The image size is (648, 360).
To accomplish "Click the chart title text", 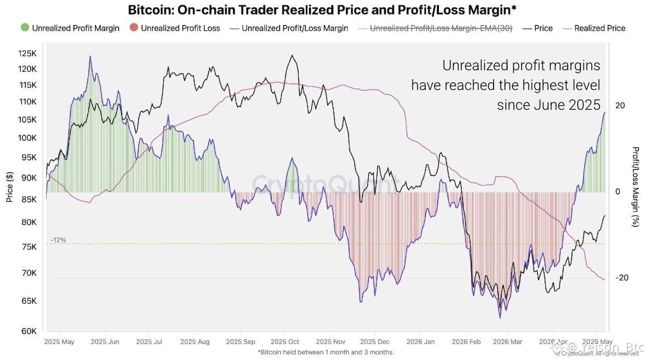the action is pos(322,10).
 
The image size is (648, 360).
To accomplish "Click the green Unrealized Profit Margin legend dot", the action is pos(25,28).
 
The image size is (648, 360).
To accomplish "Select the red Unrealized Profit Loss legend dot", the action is pos(134,28).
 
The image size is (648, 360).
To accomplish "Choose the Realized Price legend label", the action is pos(600,28).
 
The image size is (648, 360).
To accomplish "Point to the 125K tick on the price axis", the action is pos(28,54).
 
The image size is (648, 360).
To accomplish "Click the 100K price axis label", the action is pos(28,138).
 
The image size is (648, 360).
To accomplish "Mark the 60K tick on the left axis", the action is pos(29,331).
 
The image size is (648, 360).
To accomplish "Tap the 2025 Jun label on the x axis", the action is pos(105,342).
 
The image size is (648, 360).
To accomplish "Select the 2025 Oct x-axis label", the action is pos(284,342).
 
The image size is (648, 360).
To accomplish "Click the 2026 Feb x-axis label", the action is pos(466,342).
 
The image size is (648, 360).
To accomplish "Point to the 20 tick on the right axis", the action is pos(620,106).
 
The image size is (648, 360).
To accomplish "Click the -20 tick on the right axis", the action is pos(621,278).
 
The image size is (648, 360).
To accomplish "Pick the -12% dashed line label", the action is pos(58,240).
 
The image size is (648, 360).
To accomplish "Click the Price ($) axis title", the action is pos(9,187).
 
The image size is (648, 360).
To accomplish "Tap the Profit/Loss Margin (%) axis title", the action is pos(636,187).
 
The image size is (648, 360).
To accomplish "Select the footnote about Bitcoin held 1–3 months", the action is pos(326,352).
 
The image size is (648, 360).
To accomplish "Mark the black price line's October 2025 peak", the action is pos(292,55).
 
